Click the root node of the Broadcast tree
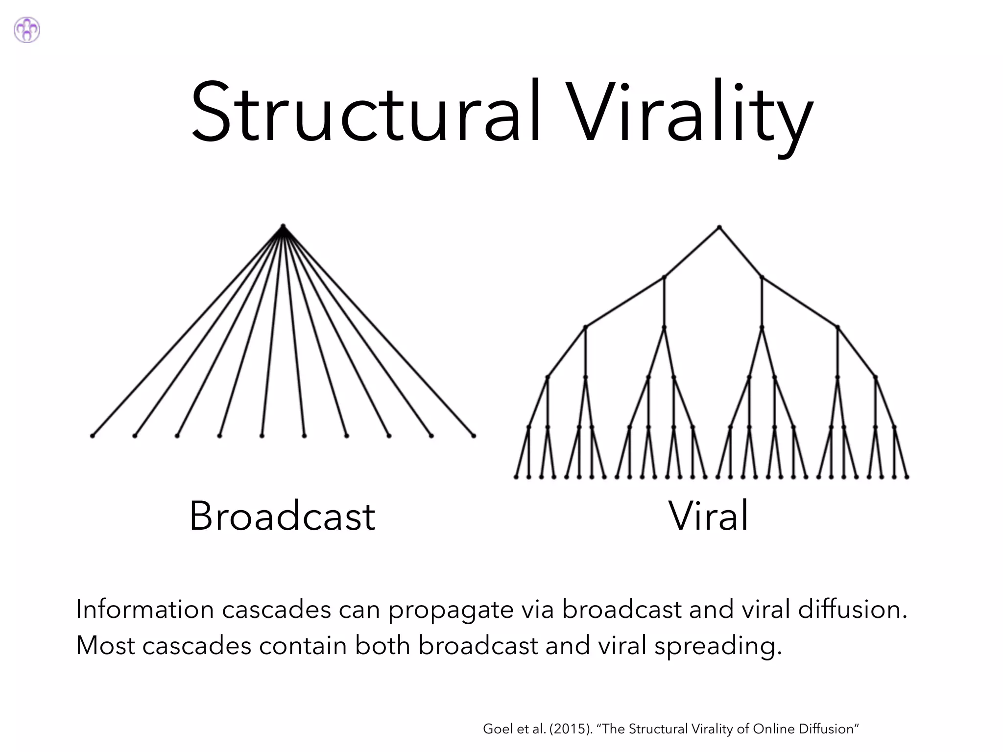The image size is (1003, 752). pos(283,226)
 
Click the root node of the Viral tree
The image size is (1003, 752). pos(719,227)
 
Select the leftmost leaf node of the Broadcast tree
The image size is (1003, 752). pos(92,435)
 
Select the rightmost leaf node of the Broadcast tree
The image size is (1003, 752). pos(474,435)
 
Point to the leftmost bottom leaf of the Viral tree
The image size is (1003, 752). pos(516,477)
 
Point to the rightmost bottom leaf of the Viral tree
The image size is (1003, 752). pos(907,477)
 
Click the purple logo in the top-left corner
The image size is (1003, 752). pos(27,30)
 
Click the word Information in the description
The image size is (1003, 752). pos(145,610)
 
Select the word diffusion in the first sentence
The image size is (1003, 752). pos(852,610)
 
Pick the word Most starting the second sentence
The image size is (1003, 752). pos(105,645)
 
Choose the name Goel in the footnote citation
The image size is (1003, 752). pos(494,729)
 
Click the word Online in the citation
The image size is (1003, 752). pos(774,729)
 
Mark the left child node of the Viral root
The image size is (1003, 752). pos(664,278)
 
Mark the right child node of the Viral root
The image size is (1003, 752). pos(762,278)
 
